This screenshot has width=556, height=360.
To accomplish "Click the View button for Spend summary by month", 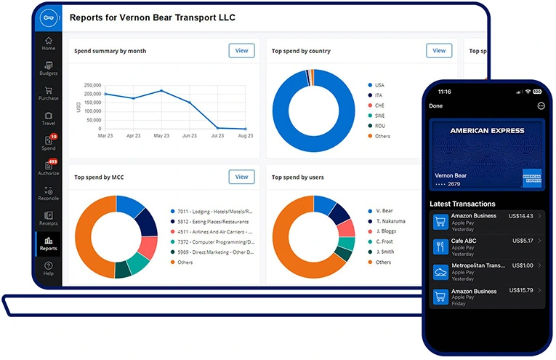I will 241,50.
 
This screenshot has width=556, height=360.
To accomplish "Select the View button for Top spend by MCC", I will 241,177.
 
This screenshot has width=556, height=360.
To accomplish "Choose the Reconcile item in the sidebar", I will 48,193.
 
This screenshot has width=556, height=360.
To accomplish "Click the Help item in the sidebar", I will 48,268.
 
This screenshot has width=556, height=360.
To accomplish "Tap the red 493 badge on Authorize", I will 52,161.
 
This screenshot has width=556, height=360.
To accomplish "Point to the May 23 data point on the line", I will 161,91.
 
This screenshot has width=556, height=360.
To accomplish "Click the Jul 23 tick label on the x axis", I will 217,136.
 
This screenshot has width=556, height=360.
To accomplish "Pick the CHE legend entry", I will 379,105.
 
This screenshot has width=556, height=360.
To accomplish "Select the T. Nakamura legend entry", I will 390,221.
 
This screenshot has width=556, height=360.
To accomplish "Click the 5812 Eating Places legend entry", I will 211,221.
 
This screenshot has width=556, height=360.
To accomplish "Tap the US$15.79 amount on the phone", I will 522,291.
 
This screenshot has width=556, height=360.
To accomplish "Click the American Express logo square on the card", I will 531,179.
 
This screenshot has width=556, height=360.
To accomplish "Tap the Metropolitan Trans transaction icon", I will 440,271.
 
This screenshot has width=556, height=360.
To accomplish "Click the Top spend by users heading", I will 297,177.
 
